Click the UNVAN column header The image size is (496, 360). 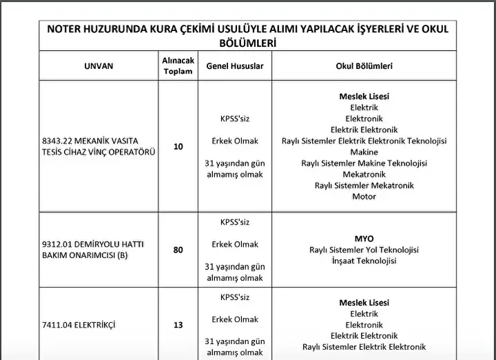pos(99,66)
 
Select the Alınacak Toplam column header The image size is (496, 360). pos(178,66)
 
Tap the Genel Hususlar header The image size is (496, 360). pos(235,66)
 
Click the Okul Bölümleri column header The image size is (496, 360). pos(364,66)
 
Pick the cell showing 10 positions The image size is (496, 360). pos(178,147)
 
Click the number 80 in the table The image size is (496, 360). pos(178,250)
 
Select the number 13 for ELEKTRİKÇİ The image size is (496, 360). pos(178,325)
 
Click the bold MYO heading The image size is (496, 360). pos(364,239)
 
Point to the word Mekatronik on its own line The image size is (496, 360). pos(364,174)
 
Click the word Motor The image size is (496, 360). pos(364,196)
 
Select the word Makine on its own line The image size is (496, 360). pos(364,152)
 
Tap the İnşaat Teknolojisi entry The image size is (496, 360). pos(364,261)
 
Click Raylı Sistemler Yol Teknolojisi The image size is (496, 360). pos(364,250)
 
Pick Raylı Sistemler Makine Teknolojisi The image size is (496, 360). pos(364,163)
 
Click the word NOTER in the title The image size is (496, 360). pos(66,29)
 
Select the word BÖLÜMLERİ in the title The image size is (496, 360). pos(248,43)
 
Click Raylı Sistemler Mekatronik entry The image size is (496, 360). pos(364,185)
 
